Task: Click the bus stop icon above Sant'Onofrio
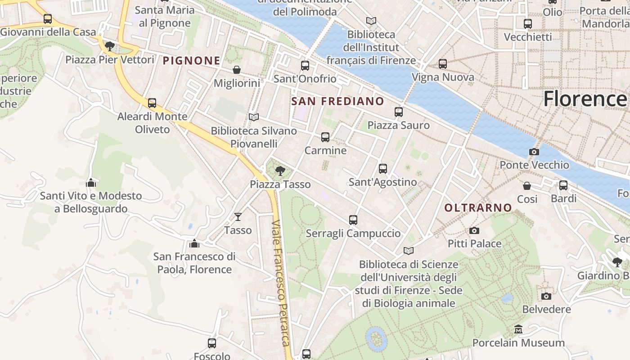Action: [305, 66]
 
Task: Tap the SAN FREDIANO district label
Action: [337, 101]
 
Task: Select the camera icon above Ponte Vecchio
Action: [534, 152]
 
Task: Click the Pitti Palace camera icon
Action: [474, 231]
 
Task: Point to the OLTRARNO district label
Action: [478, 207]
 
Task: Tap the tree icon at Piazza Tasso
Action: [280, 171]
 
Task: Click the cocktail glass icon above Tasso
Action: [238, 217]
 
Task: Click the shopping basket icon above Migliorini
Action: [236, 70]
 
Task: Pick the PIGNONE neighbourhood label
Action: [192, 60]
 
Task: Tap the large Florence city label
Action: [585, 99]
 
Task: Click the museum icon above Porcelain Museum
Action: [518, 329]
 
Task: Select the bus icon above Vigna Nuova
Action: [443, 64]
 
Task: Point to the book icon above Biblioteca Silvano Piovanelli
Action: [254, 117]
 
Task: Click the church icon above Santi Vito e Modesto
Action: [91, 182]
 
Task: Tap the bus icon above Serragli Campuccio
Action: [353, 220]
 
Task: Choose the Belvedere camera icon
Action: [546, 296]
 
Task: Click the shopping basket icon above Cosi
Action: [527, 185]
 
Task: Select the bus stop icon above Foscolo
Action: [212, 343]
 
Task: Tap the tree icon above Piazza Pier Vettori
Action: [109, 46]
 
